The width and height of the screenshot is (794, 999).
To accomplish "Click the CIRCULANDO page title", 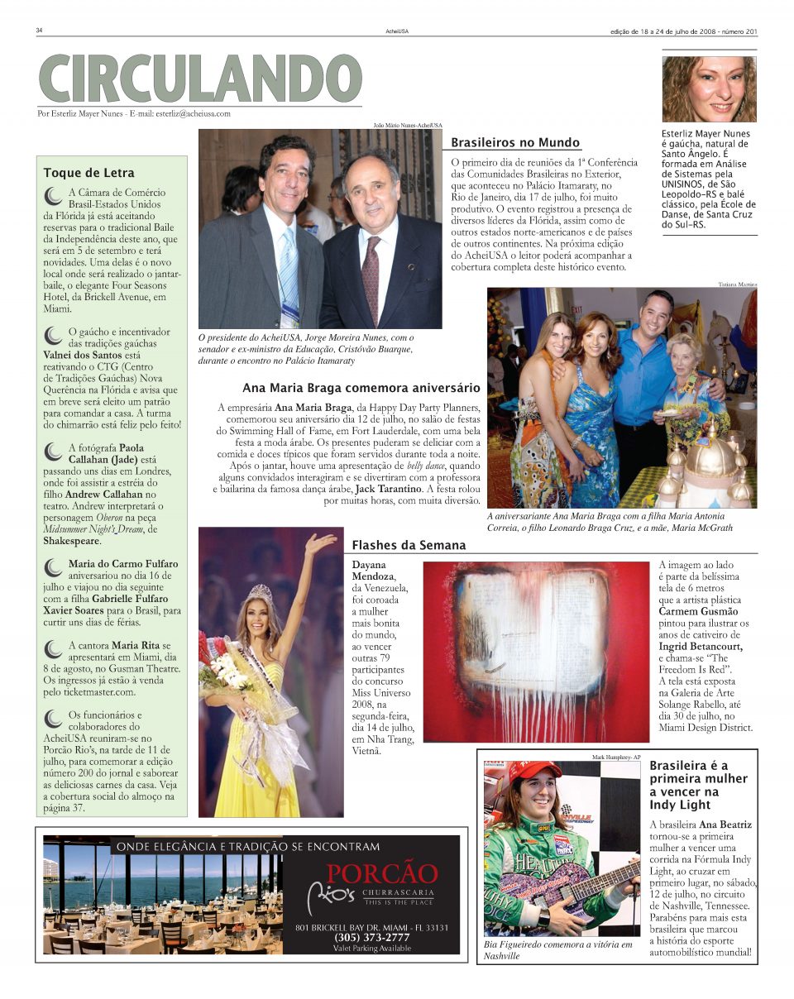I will tap(200, 79).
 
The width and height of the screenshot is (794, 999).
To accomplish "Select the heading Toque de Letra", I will tap(88, 173).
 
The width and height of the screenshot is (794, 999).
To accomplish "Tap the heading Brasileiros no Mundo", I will tap(514, 143).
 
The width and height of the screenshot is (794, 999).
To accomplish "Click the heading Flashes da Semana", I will tap(409, 545).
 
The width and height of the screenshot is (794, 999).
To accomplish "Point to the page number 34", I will tap(39, 31).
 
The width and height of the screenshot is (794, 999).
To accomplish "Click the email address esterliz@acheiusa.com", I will tap(193, 114).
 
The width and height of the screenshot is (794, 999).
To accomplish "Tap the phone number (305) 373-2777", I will tap(371, 937).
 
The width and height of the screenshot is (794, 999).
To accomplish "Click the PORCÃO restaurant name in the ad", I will tap(381, 874).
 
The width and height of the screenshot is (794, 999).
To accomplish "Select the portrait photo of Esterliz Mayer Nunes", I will tap(709, 88).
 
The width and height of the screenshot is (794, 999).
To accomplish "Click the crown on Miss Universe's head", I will tap(261, 593).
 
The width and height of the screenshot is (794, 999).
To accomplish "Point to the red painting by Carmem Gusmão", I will tap(537, 651).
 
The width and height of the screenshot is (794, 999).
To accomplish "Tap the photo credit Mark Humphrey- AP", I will tap(616, 757).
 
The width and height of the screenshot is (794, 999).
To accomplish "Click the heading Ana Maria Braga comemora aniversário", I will tap(361, 387).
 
